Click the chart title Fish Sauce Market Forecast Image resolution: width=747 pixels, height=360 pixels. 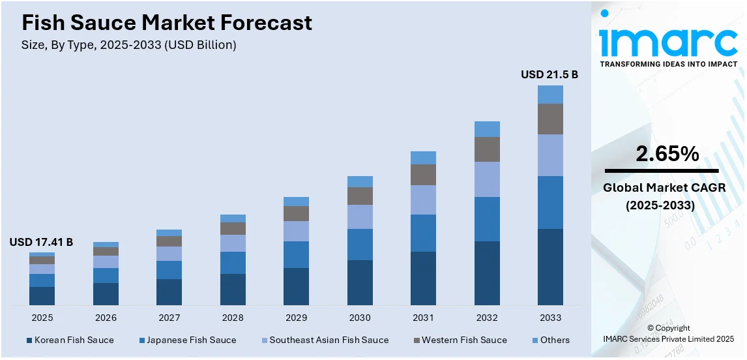point(167,23)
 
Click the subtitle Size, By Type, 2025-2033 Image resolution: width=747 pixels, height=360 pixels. point(129,45)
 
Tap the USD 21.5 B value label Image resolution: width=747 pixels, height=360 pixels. point(549,75)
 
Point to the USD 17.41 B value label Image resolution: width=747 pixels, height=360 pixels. point(41,243)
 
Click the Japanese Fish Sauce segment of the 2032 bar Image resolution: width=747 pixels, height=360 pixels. point(487,219)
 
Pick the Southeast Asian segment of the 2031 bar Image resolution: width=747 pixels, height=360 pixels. point(423,200)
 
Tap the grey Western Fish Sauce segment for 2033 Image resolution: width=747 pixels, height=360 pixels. point(550,119)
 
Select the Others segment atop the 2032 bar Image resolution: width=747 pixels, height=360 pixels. point(487,129)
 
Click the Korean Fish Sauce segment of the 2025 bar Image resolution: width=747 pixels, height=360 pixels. point(42,295)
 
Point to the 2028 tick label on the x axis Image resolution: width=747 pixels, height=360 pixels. point(233,318)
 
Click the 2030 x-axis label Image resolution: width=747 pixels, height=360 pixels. point(360,318)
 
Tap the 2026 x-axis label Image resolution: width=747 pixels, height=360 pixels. point(106,318)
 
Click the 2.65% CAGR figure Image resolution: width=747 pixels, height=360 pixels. point(667,154)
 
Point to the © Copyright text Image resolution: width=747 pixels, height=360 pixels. point(669,328)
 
